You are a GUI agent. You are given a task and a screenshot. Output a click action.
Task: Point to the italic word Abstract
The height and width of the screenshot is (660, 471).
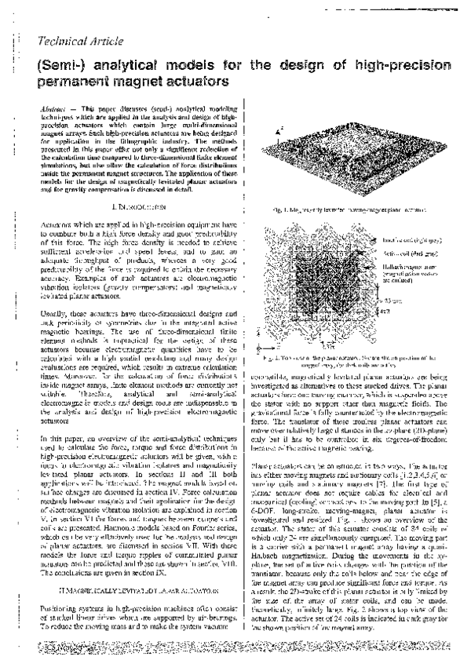(52, 105)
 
